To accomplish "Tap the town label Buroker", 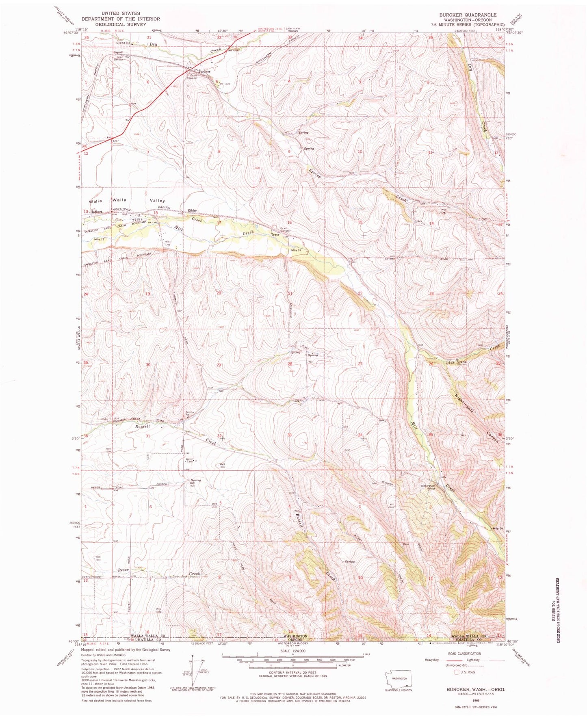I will pos(204,71).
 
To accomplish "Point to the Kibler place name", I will pos(192,210).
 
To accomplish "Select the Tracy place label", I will pos(275,234).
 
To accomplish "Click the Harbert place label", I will pos(96,212).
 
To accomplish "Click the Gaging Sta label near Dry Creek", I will pos(122,43).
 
